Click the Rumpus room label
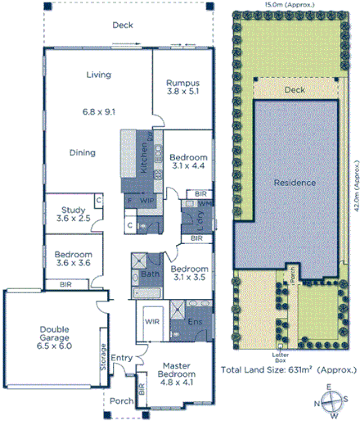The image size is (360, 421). [x=183, y=83]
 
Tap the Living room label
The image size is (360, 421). [x=98, y=75]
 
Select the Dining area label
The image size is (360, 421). [x=82, y=152]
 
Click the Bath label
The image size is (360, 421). [x=149, y=274]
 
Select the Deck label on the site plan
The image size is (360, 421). [x=294, y=89]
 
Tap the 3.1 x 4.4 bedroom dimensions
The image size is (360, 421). [x=188, y=167]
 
